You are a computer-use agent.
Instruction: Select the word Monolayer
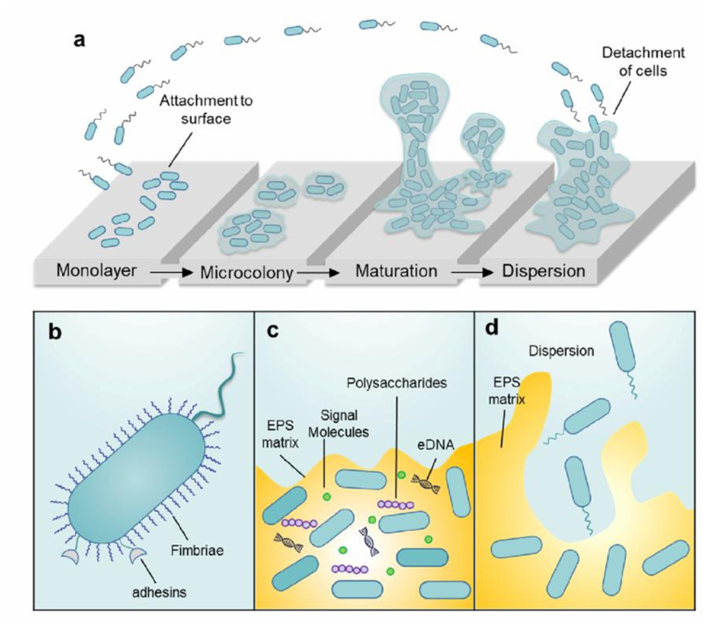[96, 271]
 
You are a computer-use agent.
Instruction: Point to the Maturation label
[396, 271]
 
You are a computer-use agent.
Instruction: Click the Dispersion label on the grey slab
[544, 271]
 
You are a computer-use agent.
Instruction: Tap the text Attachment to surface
[206, 108]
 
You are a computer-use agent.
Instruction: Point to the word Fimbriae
[197, 550]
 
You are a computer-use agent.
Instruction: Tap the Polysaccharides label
[396, 382]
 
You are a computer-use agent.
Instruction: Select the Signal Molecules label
[339, 423]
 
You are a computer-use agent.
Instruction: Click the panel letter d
[491, 328]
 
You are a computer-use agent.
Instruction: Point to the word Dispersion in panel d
[562, 350]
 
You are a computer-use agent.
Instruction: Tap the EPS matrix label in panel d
[506, 391]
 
